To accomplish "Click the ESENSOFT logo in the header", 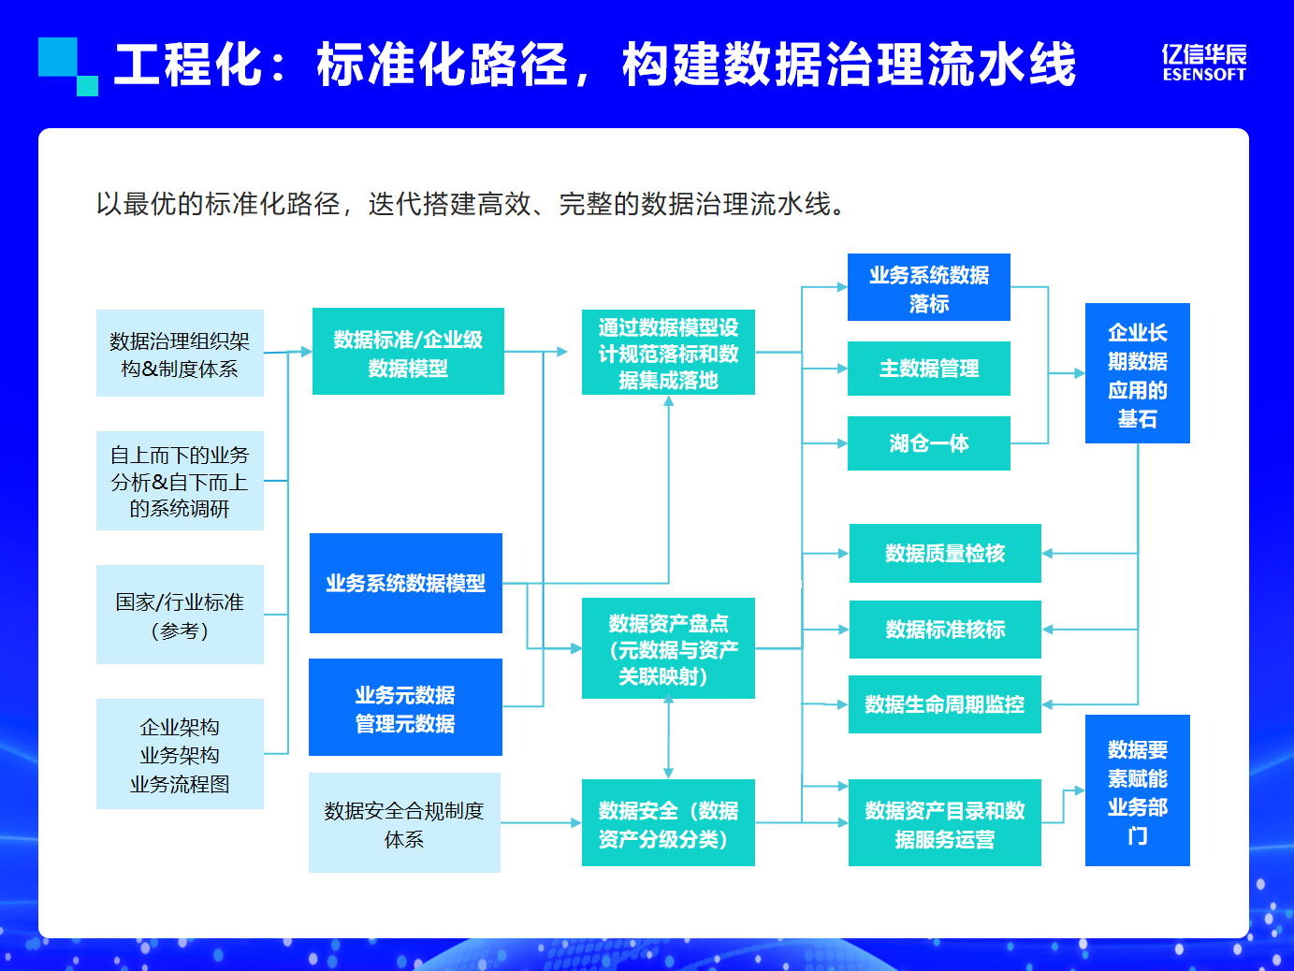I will (1204, 63).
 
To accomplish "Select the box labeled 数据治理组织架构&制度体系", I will (180, 354).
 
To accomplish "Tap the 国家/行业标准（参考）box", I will (180, 615).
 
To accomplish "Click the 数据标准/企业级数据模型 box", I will (408, 352).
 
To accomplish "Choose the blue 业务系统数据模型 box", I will (406, 583).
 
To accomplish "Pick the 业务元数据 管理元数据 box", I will (405, 707).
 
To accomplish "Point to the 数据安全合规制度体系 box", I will (404, 823).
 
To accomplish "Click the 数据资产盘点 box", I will (668, 648).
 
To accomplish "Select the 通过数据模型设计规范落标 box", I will (668, 353).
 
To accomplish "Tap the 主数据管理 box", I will (928, 369).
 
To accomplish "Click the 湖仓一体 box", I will (928, 443).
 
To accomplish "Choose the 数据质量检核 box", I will (945, 554).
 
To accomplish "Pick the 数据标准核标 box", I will (945, 630).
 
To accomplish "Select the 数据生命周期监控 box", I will (945, 704).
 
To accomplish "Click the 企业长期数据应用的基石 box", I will (1137, 373).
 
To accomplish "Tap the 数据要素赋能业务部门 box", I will (1137, 790).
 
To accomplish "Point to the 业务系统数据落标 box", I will (928, 287).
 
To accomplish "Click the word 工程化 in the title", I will (187, 65).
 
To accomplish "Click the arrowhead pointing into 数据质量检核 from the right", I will (1048, 554).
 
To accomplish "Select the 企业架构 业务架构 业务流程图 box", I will (180, 754).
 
